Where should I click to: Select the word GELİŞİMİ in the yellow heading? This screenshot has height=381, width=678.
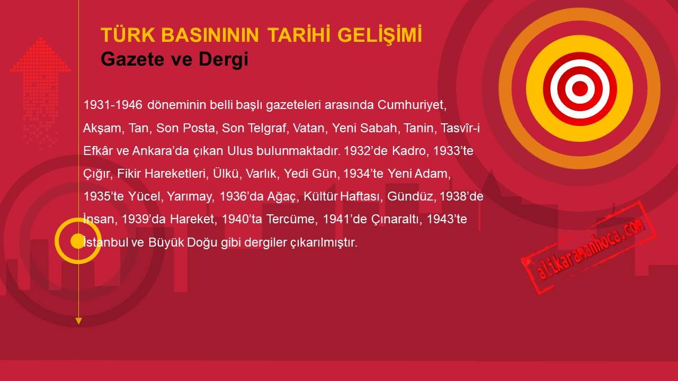click(x=380, y=35)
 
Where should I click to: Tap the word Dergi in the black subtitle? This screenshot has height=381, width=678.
click(x=224, y=60)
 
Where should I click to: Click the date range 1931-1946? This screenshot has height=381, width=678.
click(x=113, y=105)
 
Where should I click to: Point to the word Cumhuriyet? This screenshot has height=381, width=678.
click(x=412, y=105)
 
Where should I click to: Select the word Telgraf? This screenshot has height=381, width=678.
click(x=267, y=128)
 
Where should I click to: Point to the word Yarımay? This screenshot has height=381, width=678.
click(x=190, y=197)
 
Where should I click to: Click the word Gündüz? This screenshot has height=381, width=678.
click(x=411, y=196)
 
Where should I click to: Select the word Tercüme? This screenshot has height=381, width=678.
click(x=292, y=219)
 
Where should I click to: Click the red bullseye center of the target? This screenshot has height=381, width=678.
click(x=580, y=88)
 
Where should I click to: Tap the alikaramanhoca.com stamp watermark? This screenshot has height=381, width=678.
click(x=588, y=247)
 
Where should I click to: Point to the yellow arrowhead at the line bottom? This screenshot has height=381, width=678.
click(x=79, y=321)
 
